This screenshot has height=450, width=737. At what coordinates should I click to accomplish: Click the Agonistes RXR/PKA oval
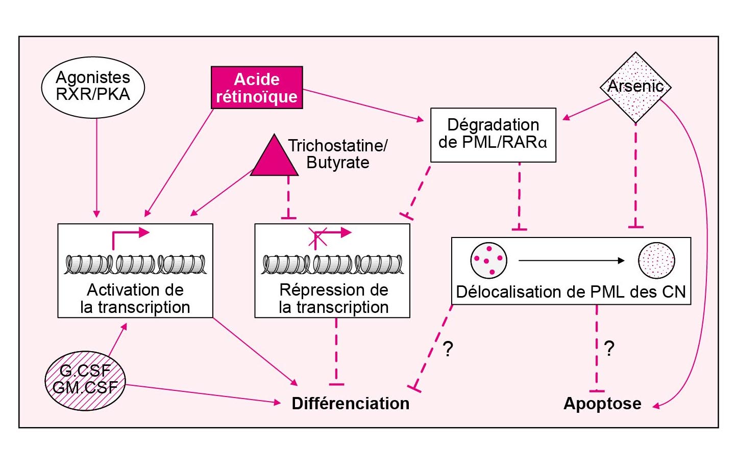[93, 87]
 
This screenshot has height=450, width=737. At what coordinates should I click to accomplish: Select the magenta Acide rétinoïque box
[257, 88]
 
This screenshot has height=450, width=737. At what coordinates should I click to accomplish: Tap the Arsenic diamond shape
[635, 87]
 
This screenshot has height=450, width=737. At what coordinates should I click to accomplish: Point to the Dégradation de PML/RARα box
[493, 135]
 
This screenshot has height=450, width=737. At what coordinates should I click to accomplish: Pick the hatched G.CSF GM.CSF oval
[85, 380]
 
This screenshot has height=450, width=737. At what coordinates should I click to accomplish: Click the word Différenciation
[350, 403]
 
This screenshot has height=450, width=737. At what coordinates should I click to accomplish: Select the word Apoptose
[602, 403]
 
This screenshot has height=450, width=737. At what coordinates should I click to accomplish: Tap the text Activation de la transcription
[135, 299]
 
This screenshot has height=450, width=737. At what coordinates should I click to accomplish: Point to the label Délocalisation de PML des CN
[571, 292]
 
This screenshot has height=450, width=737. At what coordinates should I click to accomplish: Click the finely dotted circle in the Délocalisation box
[656, 260]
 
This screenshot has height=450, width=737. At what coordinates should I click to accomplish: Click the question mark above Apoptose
[609, 349]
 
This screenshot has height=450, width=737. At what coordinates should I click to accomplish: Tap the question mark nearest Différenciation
[448, 349]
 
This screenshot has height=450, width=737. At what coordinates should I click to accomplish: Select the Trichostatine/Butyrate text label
[338, 154]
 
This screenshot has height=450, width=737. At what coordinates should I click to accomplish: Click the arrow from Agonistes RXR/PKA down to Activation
[96, 168]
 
